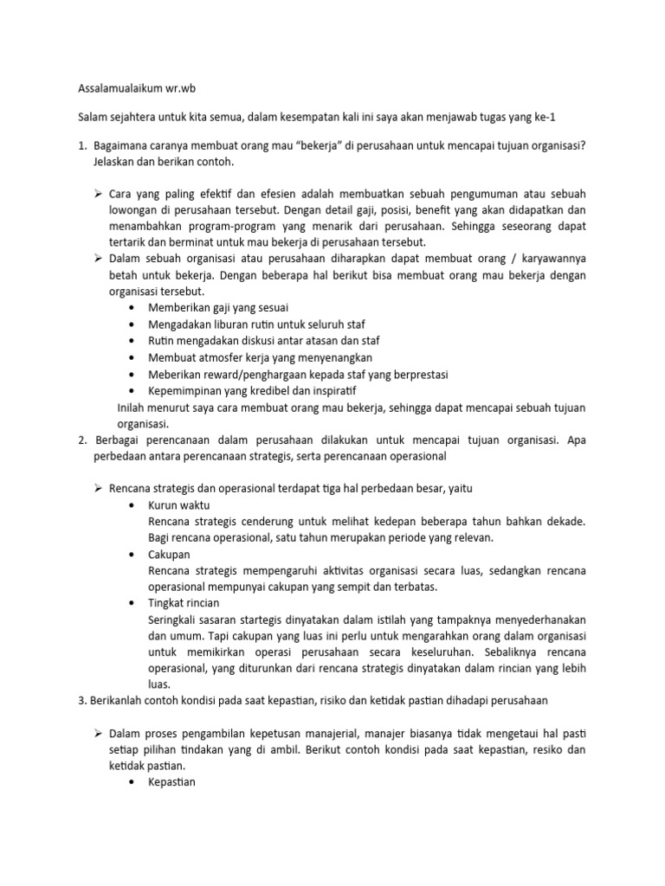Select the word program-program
click(x=216, y=226)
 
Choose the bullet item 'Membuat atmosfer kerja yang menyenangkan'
click(x=248, y=356)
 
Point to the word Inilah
click(x=131, y=408)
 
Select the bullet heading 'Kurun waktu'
click(x=178, y=504)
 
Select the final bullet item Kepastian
click(x=172, y=782)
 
